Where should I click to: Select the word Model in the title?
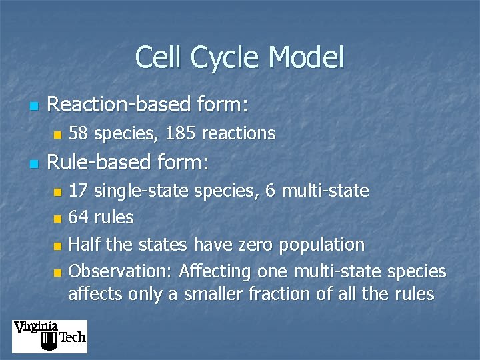[x=306, y=57]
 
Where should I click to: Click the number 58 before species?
[x=78, y=134]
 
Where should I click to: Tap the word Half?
[x=86, y=245]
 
